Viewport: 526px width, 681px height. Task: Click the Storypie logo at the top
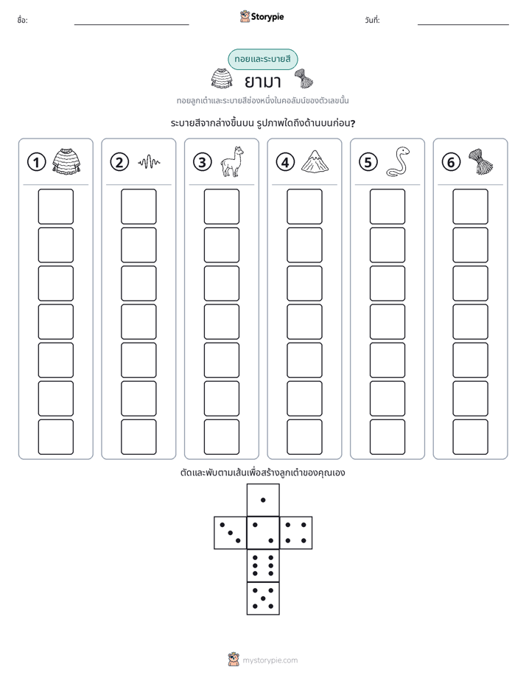click(262, 16)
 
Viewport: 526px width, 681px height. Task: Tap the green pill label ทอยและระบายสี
click(262, 59)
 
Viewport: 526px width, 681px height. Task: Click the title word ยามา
click(262, 81)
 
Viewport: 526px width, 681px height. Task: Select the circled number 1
click(36, 162)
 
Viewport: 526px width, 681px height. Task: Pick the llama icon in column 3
click(232, 161)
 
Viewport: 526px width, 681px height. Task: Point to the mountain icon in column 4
click(315, 161)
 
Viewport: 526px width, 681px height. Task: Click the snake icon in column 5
click(398, 161)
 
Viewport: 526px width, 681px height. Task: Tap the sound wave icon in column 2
click(149, 162)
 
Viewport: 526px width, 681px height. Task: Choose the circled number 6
click(451, 162)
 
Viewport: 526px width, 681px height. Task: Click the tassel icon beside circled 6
click(481, 161)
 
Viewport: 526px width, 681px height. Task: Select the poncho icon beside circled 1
click(66, 161)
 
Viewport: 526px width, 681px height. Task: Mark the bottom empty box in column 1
click(55, 437)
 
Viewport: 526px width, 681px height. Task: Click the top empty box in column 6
click(470, 206)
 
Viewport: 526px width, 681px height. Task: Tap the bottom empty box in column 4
click(304, 437)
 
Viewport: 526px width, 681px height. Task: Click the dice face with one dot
click(263, 500)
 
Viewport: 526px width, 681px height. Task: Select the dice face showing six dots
click(263, 565)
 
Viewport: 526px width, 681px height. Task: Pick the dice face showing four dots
click(296, 533)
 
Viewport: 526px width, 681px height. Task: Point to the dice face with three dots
click(231, 533)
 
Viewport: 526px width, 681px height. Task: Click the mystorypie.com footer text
click(270, 660)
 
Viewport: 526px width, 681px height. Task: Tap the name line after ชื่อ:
click(131, 24)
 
